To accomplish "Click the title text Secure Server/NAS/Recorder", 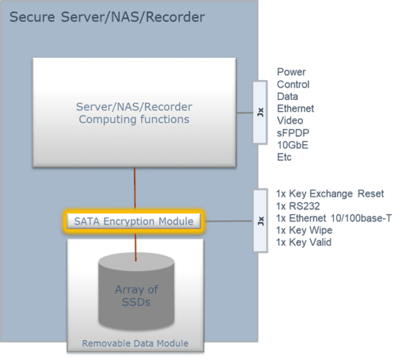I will [107, 16].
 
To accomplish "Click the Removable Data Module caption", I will [135, 343].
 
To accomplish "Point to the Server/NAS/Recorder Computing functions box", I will [135, 112].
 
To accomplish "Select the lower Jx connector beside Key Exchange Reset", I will [259, 220].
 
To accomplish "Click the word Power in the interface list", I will [291, 72].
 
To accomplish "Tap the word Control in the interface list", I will [293, 84].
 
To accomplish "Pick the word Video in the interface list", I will [290, 121].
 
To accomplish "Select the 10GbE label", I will [293, 145].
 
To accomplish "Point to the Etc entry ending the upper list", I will [284, 157].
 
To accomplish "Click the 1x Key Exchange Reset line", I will [330, 194].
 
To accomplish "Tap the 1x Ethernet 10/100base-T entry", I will [334, 219].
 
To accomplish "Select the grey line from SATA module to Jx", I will [228, 221].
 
